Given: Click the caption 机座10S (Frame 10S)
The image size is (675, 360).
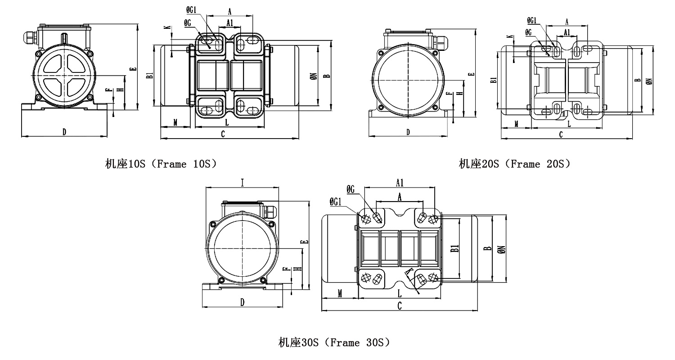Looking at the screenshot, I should point(161,164).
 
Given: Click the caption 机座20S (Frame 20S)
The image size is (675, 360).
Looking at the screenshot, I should point(515,164).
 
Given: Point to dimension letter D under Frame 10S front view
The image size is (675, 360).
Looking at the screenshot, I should point(64,132).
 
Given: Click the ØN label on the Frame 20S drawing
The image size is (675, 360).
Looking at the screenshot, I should point(648,81).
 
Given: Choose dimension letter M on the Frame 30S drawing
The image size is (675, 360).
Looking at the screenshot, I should point(340,293).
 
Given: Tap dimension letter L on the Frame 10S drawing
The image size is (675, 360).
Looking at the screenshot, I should point(227,122).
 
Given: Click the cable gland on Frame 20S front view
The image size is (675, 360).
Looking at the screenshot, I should point(441,41).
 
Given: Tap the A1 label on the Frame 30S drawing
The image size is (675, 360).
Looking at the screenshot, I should point(400,182).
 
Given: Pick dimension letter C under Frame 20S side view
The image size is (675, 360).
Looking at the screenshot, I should point(561,134).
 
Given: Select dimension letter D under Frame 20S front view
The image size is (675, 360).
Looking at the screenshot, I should point(408,132).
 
